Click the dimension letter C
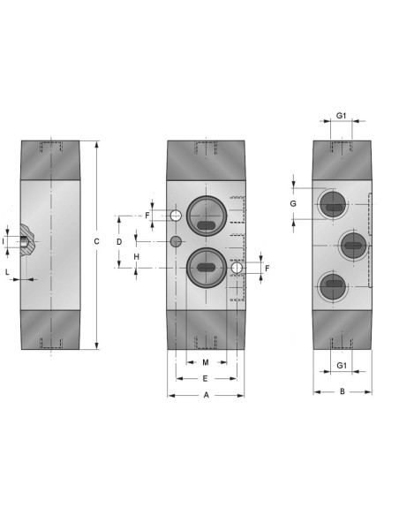point(96,241)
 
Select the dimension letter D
point(119,242)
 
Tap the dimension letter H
point(137,257)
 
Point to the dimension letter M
point(206,362)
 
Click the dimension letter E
point(205,379)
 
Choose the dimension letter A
point(206,395)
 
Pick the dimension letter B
point(343,391)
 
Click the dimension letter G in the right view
point(293,204)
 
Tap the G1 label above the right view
point(341,116)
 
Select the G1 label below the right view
point(342,365)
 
